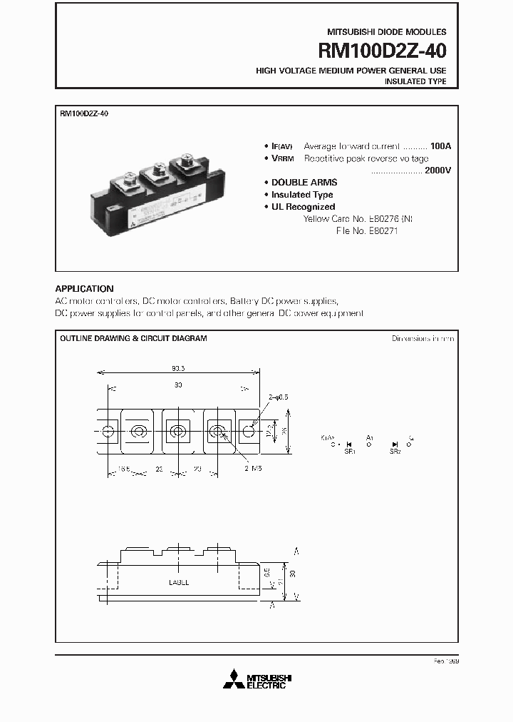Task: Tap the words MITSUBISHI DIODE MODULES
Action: pyautogui.click(x=386, y=32)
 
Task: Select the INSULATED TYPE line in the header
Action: pyautogui.click(x=415, y=82)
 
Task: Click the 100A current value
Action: pyautogui.click(x=440, y=146)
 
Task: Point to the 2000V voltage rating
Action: pyautogui.click(x=437, y=171)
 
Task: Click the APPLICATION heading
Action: pyautogui.click(x=84, y=289)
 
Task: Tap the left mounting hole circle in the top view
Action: pyautogui.click(x=108, y=432)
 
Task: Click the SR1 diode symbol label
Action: pyautogui.click(x=350, y=452)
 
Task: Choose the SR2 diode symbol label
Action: pyautogui.click(x=394, y=452)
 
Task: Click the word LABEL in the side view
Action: pyautogui.click(x=179, y=582)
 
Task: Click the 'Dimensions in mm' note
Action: pyautogui.click(x=423, y=338)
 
